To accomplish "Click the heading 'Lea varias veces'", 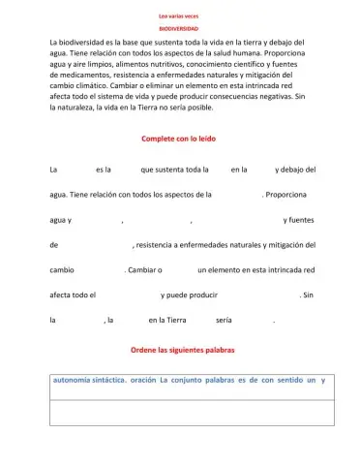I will coord(178,15).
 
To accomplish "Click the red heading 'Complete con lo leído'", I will coord(179,139).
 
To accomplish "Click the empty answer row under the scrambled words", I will coord(192,414).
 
